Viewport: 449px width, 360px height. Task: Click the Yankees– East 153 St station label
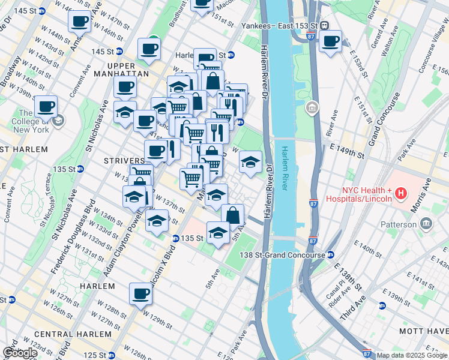(x=279, y=26)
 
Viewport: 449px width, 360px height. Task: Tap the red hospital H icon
(x=400, y=194)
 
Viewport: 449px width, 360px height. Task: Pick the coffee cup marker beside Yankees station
(x=330, y=41)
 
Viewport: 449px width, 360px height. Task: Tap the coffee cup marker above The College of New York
(x=46, y=107)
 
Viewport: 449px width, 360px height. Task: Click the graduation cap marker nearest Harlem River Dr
(x=251, y=161)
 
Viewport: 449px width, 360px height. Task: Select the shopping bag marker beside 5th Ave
(x=232, y=215)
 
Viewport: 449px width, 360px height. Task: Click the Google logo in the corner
(x=19, y=352)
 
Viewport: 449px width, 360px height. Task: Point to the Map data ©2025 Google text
(x=411, y=355)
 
